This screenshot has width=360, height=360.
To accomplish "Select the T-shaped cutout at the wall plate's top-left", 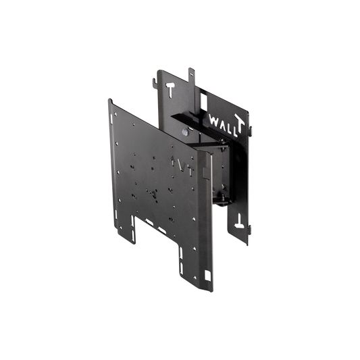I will click(x=170, y=88).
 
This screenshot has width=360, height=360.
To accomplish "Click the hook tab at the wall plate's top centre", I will click(x=192, y=72).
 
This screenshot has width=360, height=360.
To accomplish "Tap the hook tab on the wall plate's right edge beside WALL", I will click(x=249, y=127).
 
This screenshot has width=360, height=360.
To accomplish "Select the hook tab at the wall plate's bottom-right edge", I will click(x=249, y=228).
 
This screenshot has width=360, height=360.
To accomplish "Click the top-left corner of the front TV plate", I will click(x=110, y=102).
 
